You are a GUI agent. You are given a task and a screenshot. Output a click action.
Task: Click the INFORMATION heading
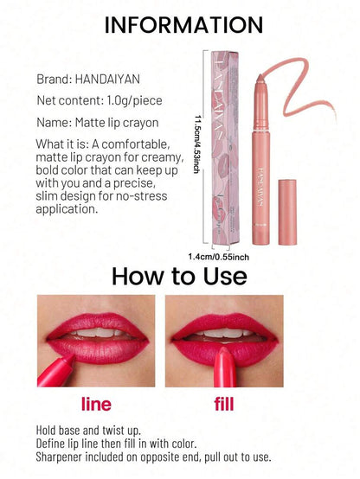coord(183,25)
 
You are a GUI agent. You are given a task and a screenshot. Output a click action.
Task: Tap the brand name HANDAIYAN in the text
coord(107,80)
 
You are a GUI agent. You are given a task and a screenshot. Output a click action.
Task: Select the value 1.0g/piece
coord(134,100)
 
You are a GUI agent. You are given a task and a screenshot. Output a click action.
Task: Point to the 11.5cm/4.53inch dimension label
coord(197,144)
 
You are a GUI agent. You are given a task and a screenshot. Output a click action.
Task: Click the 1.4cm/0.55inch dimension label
coord(218,257)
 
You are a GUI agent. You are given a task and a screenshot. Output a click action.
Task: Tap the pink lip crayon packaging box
coord(225,148)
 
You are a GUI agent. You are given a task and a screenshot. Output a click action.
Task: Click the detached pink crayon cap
coord(287,213)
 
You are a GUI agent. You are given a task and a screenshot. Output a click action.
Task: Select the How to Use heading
coord(179,276)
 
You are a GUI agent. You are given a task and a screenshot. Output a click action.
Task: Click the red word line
coord(96,404)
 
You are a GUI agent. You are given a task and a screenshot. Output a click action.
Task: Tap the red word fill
coord(224,404)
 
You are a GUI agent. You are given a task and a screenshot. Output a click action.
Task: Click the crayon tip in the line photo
coord(70,356)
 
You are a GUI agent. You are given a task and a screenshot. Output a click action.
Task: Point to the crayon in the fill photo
coord(224,367)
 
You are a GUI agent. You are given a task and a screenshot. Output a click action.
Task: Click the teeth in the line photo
coord(97,332)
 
